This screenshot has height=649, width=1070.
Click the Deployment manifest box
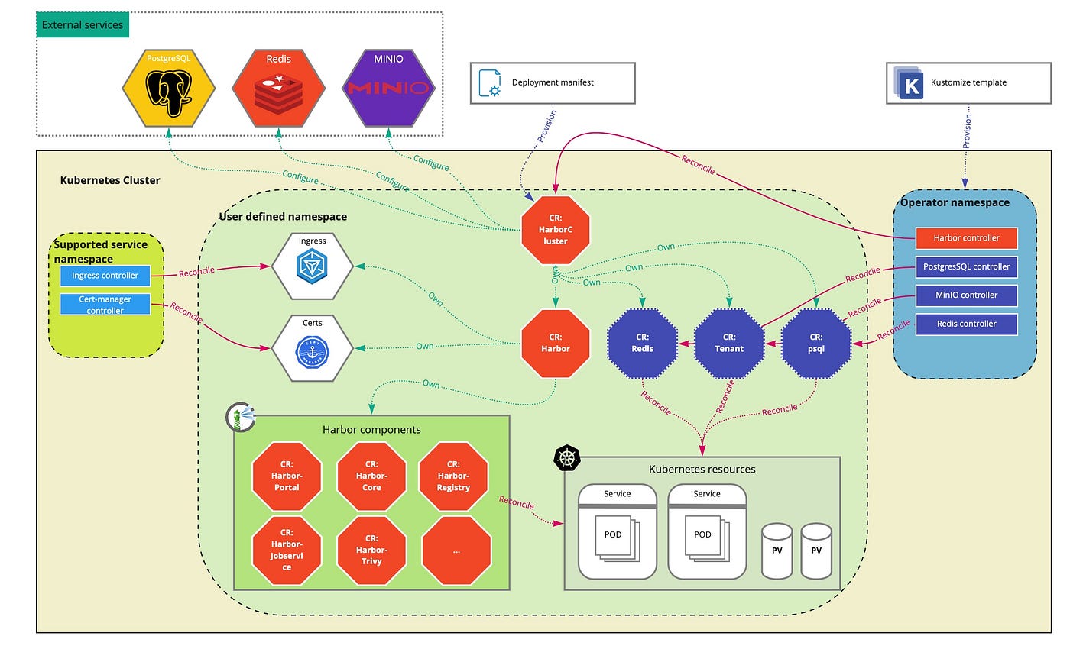coord(553,83)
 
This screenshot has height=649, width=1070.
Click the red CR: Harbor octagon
coord(556,343)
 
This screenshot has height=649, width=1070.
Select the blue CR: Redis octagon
coord(643,343)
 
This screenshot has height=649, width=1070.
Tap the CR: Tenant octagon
coord(729,343)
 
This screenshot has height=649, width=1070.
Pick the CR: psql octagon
coord(816,343)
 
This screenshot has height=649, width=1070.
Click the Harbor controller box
coord(966,238)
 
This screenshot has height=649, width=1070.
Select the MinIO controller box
coord(966,295)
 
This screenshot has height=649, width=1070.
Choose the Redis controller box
coord(966,324)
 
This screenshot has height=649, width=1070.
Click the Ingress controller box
coord(105,276)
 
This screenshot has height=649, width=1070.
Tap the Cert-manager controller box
coord(105,305)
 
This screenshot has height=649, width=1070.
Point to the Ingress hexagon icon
coord(312,266)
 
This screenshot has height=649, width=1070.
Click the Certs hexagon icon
coord(312,348)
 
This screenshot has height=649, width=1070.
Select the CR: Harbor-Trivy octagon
coord(371,550)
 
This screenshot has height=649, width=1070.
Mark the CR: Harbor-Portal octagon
coord(287,476)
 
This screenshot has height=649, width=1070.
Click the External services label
coord(83,25)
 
